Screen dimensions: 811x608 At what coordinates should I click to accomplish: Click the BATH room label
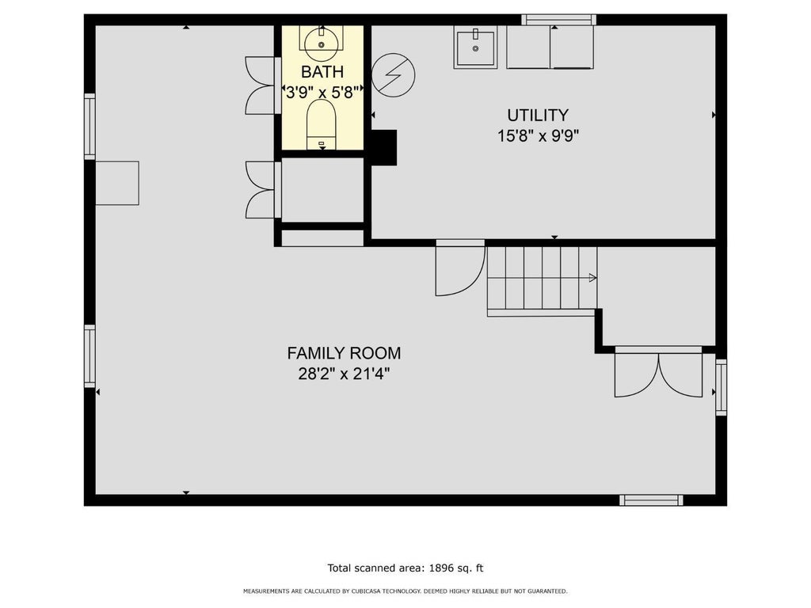point(322,72)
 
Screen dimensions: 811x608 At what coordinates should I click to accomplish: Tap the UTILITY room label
point(538,115)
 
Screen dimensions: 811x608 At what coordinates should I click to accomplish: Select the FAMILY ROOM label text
point(344,353)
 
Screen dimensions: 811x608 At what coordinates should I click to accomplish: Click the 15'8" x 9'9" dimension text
point(538,136)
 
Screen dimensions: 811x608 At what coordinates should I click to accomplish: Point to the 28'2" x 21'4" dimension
point(344,374)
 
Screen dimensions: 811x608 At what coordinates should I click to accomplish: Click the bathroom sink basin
point(322,44)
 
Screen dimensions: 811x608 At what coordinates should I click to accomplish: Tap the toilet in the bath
point(322,125)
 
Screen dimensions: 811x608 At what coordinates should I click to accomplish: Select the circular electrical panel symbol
point(393,75)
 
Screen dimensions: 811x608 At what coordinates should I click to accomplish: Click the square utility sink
point(475,47)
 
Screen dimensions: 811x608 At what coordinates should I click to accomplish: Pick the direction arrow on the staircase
point(592,278)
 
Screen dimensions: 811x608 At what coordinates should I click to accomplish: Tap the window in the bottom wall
point(651,500)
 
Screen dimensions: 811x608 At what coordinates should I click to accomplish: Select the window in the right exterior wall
point(721,387)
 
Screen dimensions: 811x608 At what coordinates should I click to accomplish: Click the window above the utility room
point(558,20)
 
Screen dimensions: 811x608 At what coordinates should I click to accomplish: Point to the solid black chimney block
point(384,148)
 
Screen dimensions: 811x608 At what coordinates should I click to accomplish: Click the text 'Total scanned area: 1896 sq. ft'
point(405,568)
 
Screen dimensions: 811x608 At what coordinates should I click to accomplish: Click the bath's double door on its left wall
point(260,85)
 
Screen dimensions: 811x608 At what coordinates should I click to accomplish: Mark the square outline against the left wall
point(117,183)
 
